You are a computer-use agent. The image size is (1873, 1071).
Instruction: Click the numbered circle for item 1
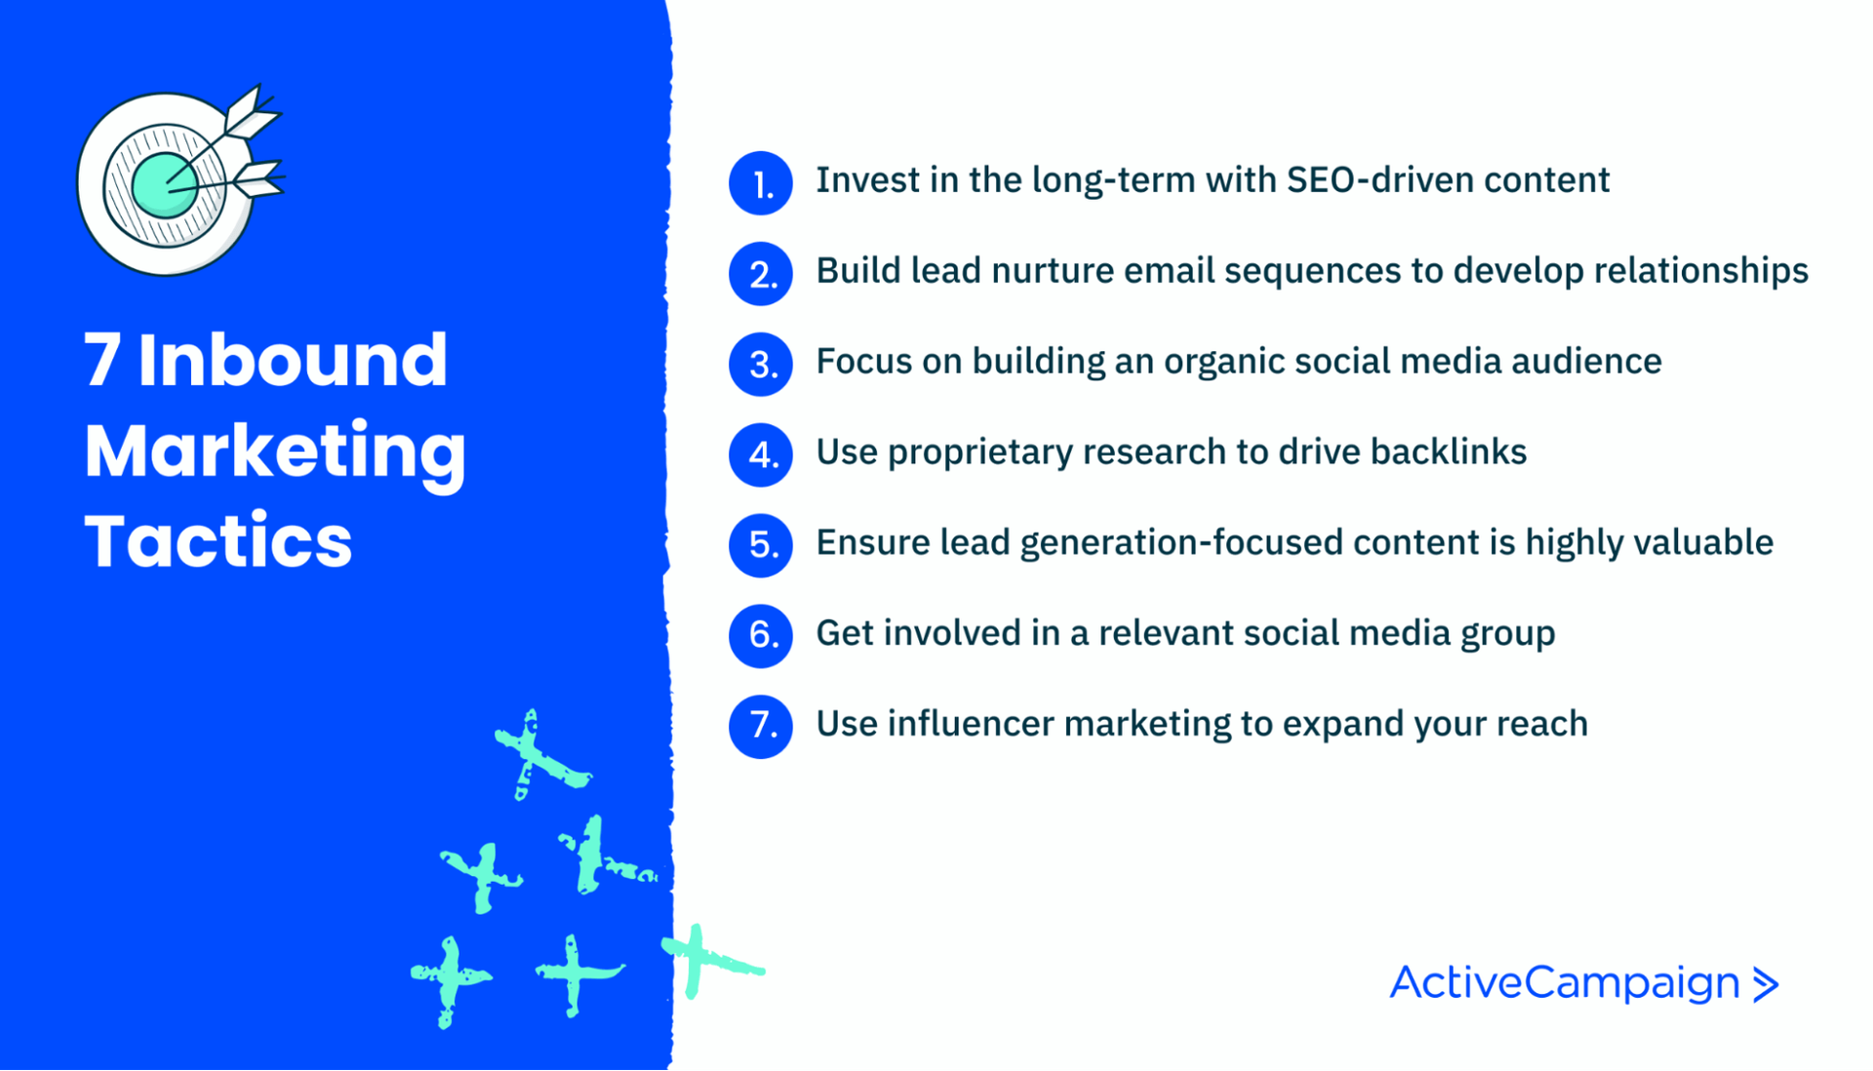tap(760, 182)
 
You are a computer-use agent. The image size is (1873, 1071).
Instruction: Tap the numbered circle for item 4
tap(760, 455)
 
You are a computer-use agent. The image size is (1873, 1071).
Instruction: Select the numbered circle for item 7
tap(760, 726)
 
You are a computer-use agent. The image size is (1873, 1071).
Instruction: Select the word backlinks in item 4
tap(1448, 452)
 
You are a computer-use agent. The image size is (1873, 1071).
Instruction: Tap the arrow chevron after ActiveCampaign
tap(1766, 984)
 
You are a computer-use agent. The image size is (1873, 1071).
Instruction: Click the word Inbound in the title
tap(293, 360)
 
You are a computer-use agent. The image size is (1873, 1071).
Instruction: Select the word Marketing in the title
tap(275, 452)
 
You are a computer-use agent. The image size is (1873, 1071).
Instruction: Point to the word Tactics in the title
tap(218, 541)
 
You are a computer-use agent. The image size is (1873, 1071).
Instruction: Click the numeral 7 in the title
tap(102, 360)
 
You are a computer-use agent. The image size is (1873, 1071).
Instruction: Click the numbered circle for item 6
tap(760, 635)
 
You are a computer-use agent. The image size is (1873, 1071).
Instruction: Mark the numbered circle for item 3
tap(760, 364)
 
